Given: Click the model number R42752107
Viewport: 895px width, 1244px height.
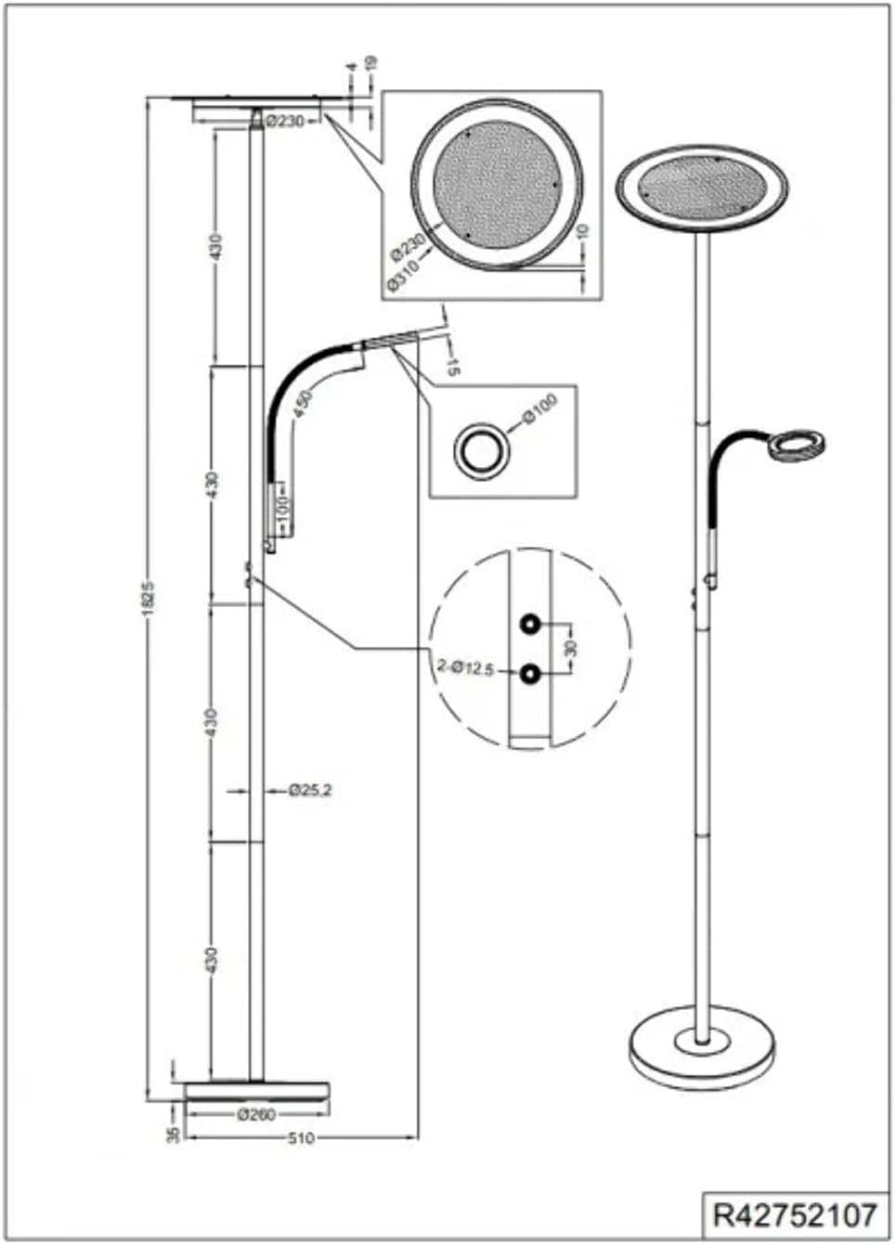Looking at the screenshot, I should tap(794, 1214).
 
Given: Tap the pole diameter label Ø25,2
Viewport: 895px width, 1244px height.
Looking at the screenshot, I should tap(310, 791).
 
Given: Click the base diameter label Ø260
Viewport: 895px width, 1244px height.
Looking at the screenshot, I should tap(256, 1115).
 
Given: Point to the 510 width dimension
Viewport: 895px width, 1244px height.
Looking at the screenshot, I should tap(301, 1138).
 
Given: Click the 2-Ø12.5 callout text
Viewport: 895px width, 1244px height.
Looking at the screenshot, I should tap(465, 667).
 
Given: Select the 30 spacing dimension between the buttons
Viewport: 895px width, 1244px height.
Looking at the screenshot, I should tap(571, 647).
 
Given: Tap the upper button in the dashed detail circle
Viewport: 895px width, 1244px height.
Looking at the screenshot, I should tap(530, 624).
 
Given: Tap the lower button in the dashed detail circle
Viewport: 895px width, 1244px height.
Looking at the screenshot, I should tap(530, 675).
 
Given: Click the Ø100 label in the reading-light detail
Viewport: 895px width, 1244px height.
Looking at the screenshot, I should tap(539, 410).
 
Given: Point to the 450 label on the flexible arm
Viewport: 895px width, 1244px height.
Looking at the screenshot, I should tap(304, 404).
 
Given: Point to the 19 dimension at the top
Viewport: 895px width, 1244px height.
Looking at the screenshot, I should tap(371, 64).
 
